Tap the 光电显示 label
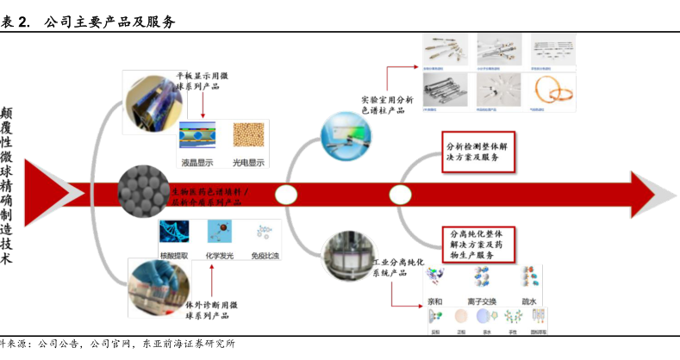(x=249, y=162)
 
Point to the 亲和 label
(x=434, y=301)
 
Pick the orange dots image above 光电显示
(x=249, y=137)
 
